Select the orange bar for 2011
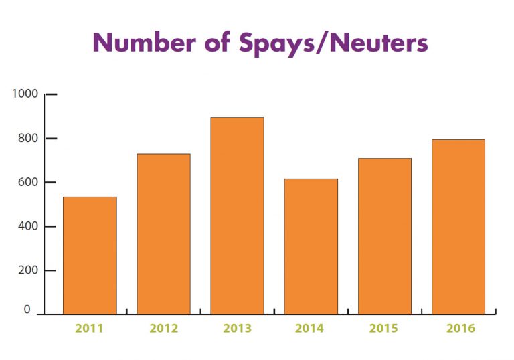tap(90, 255)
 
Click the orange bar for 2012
tap(163, 234)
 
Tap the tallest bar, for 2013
tap(237, 215)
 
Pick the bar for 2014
tap(311, 246)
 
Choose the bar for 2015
tap(384, 236)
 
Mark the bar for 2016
tap(458, 226)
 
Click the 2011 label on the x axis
tap(89, 329)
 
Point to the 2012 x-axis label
tap(163, 329)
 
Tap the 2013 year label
tap(237, 329)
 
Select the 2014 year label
tap(310, 329)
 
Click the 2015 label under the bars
tap(384, 329)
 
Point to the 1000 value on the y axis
tap(25, 94)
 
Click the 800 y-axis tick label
tap(28, 139)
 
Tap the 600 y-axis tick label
tap(28, 182)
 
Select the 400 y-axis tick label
tap(28, 226)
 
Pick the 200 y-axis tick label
tap(28, 270)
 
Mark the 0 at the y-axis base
tap(27, 310)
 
